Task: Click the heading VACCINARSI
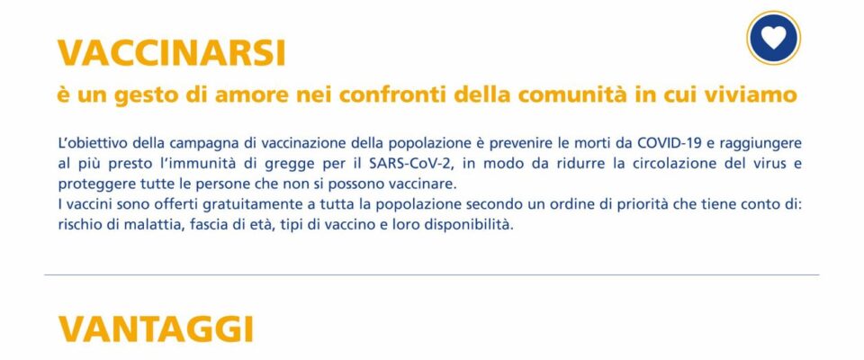click(x=171, y=53)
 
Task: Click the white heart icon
click(x=773, y=38)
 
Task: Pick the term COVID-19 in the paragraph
click(x=668, y=143)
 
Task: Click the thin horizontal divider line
click(x=431, y=274)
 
